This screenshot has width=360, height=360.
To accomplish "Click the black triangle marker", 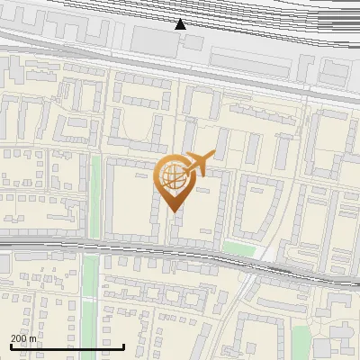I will (180, 24).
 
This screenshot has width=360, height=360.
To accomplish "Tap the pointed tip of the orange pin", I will (173, 211).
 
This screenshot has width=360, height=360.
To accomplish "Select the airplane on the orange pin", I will (199, 163).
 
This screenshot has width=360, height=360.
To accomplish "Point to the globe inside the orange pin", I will (173, 176).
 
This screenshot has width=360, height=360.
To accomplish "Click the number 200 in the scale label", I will (20, 339).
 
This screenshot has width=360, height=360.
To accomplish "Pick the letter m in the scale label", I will (33, 339).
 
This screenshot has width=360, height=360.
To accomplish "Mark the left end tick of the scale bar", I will (11, 346).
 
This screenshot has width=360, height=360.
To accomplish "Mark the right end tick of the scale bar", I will (123, 346).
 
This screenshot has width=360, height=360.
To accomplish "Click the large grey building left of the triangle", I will (149, 39).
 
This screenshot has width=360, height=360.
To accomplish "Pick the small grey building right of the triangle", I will (194, 41).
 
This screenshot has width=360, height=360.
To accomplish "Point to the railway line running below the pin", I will (135, 246).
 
